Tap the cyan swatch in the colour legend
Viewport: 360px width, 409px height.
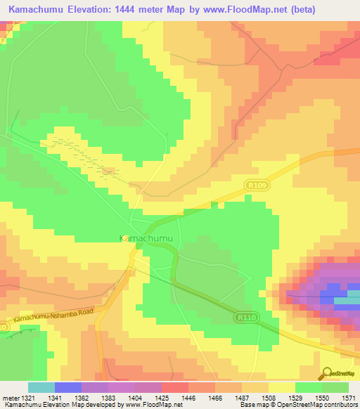41,387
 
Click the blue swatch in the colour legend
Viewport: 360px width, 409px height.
68,387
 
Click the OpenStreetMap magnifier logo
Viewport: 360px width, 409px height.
325,373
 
